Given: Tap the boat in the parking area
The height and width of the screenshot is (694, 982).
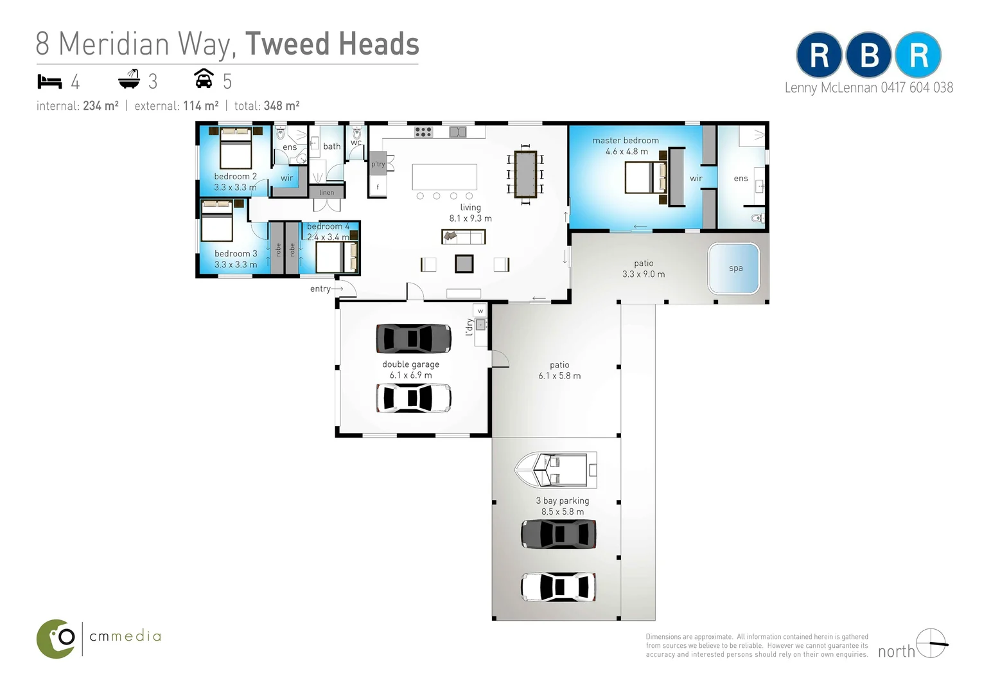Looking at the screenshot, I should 556,470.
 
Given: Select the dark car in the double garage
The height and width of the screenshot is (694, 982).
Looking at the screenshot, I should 413,339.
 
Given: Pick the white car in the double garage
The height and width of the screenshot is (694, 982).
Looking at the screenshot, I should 413,398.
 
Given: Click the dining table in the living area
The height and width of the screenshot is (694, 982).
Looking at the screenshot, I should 525,174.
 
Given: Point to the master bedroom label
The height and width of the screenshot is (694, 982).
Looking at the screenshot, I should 626,141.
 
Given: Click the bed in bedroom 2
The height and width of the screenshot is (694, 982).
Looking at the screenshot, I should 235,148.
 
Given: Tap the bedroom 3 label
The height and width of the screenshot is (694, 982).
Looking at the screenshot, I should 235,254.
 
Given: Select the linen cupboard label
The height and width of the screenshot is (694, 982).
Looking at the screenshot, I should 326,192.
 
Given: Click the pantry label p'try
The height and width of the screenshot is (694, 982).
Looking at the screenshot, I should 378,165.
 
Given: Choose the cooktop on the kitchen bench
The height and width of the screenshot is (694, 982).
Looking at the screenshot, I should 423,132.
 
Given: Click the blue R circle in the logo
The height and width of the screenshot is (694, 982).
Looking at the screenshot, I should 918,55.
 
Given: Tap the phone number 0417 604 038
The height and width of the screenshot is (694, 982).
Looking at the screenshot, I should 916,88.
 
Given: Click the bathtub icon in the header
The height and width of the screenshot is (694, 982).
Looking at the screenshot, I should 129,80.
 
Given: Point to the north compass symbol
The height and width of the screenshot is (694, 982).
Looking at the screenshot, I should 931,643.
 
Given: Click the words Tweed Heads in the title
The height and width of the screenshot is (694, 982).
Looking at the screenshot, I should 332,44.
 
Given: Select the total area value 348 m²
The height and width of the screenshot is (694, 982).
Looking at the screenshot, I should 281,106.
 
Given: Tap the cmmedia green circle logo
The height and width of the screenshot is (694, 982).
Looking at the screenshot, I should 57,639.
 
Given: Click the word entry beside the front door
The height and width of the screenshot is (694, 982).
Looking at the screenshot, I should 320,289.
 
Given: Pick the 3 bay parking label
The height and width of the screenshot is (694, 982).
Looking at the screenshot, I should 562,501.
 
